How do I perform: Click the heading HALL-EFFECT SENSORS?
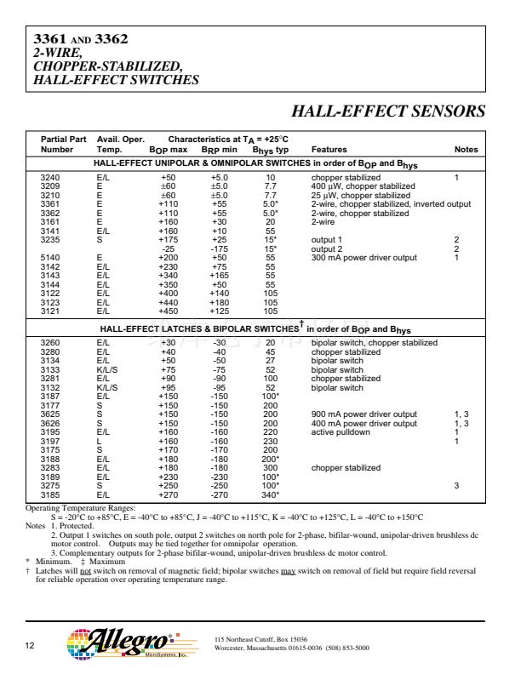click(x=388, y=111)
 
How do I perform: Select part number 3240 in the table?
click(x=50, y=177)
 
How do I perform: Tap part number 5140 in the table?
click(x=50, y=257)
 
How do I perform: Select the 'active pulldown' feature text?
click(x=341, y=431)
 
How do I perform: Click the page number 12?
click(x=30, y=648)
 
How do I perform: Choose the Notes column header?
click(x=466, y=150)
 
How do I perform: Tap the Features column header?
click(x=329, y=150)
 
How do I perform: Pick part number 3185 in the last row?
click(x=50, y=494)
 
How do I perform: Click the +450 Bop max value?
click(x=169, y=311)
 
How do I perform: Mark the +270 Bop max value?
click(x=169, y=494)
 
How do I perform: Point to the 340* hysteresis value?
click(x=271, y=494)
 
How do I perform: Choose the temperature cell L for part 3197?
click(x=99, y=441)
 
